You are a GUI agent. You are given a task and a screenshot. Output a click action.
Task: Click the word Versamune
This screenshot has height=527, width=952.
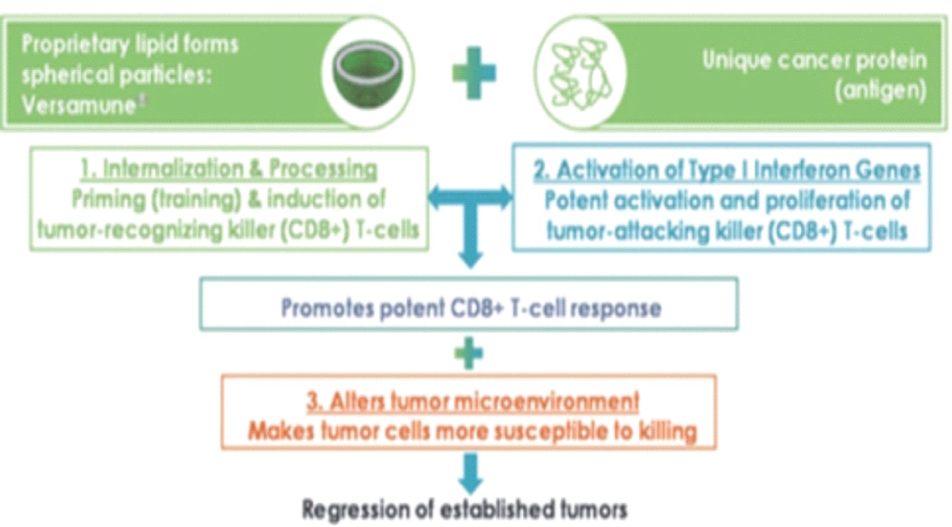point(78,105)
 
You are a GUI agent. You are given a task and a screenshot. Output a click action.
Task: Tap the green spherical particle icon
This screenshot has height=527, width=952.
point(367,73)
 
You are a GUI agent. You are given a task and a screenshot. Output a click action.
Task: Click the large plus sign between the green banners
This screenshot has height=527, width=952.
point(474,73)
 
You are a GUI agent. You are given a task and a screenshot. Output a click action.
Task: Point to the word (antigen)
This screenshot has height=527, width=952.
point(880,91)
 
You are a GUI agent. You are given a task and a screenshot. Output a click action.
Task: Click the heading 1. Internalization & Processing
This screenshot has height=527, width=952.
point(229,169)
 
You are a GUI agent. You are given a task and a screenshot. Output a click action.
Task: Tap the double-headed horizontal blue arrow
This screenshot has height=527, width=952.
point(470,197)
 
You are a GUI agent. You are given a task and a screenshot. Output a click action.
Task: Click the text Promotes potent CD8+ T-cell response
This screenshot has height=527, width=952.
point(471,308)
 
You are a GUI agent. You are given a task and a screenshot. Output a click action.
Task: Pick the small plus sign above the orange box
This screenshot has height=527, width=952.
point(468,353)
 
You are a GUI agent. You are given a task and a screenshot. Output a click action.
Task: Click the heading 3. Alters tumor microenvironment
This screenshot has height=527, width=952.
point(472,402)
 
